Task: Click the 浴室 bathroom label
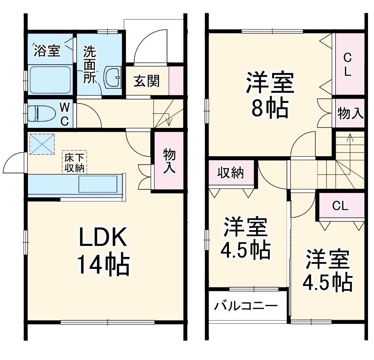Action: [x=47, y=51]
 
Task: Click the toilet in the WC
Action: [x=42, y=113]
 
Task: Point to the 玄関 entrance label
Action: [x=146, y=82]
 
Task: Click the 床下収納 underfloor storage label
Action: [x=74, y=162]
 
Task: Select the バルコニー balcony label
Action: [x=245, y=306]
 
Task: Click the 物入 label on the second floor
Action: [x=350, y=113]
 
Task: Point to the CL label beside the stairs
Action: [x=340, y=206]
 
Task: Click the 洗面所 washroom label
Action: [x=89, y=65]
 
